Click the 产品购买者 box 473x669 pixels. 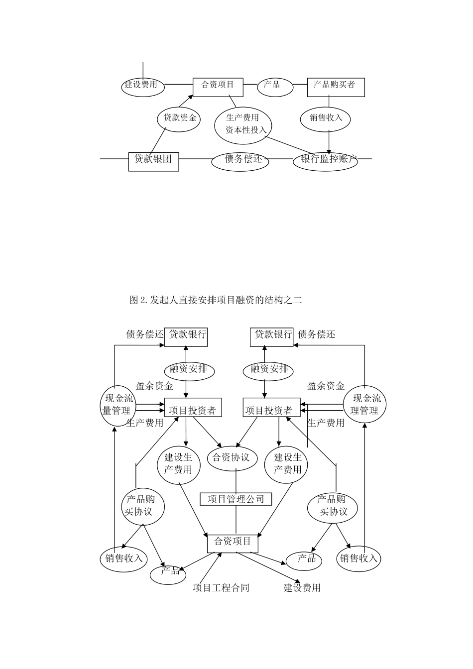[x=336, y=87]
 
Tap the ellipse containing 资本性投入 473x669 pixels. [x=243, y=124]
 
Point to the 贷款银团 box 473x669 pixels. [x=153, y=161]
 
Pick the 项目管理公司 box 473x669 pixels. [x=236, y=499]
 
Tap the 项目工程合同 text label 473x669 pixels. [x=221, y=588]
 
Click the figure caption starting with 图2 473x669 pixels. [x=216, y=300]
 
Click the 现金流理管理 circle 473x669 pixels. [x=365, y=404]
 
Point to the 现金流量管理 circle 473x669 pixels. [x=118, y=405]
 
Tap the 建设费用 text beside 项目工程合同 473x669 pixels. [x=302, y=588]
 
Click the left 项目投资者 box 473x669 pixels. [x=193, y=408]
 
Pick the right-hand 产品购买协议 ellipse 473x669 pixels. [x=332, y=506]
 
